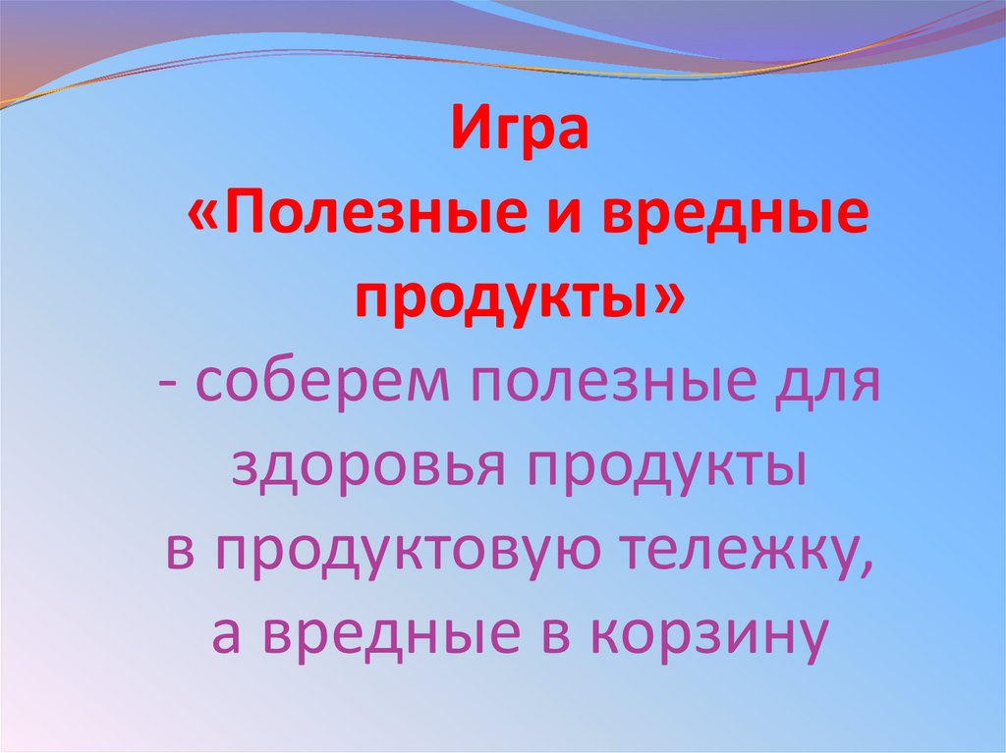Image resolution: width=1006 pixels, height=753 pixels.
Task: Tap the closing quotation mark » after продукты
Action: (x=663, y=295)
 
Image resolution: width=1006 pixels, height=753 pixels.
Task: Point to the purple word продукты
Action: (x=663, y=465)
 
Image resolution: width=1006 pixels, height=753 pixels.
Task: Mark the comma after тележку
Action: (x=864, y=564)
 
